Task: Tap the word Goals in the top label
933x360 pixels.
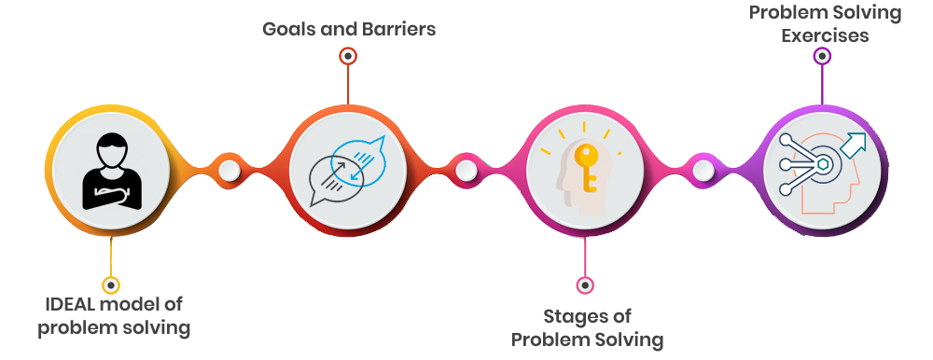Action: coord(288,29)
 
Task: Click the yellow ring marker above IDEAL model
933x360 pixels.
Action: coord(111,284)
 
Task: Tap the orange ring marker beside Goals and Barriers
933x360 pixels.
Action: coord(348,56)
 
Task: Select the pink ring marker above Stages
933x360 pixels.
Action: coord(585,284)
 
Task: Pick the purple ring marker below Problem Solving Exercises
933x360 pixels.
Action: coord(822,56)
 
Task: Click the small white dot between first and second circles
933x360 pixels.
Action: coord(230,170)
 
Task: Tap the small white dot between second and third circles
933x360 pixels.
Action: coord(466,170)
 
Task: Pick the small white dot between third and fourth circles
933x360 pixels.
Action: coord(703,170)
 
